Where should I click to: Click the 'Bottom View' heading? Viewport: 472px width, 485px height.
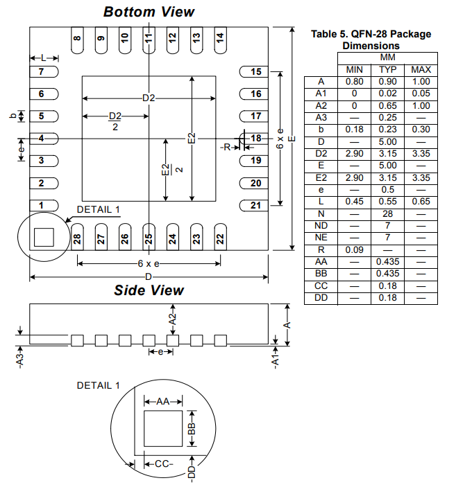[x=149, y=12]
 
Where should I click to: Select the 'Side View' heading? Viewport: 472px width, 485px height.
[x=149, y=290]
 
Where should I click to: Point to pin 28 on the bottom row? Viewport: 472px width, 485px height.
[x=77, y=238]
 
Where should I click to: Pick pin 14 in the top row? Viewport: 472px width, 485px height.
[x=219, y=38]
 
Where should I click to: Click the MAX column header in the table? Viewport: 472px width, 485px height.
[x=421, y=70]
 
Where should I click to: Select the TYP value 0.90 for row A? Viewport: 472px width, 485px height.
[x=387, y=81]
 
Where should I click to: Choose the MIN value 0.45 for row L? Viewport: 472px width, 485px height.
[x=354, y=202]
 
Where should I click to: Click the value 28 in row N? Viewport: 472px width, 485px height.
[x=387, y=214]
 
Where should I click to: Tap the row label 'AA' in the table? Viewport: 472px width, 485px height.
[x=321, y=262]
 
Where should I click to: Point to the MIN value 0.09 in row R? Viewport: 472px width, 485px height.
[x=354, y=249]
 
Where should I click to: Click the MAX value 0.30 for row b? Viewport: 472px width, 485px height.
[x=421, y=130]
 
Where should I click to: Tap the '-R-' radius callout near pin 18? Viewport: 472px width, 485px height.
[x=226, y=148]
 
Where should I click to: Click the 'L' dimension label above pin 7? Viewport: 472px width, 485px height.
[x=43, y=58]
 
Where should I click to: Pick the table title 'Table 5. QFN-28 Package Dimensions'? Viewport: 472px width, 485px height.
[x=371, y=39]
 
